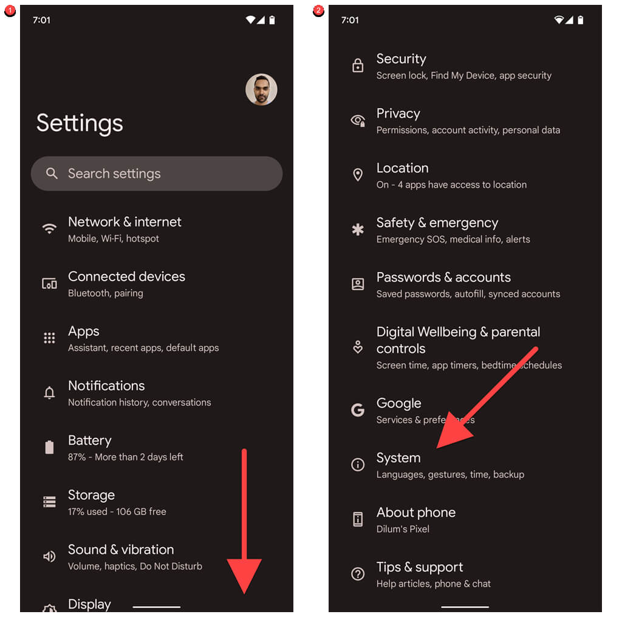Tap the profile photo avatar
(x=261, y=89)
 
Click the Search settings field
(x=157, y=173)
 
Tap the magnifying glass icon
(x=52, y=173)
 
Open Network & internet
(x=125, y=222)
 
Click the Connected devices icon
(x=49, y=284)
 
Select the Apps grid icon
(x=49, y=338)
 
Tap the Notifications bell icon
(x=49, y=392)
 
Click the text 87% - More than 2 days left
(x=125, y=457)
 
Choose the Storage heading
(x=91, y=495)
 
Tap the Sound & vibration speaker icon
(x=49, y=556)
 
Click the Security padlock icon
(x=358, y=66)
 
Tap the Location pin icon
(x=358, y=174)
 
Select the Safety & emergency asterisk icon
(x=358, y=229)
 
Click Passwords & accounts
(x=443, y=277)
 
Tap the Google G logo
(x=358, y=410)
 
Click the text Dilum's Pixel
(x=403, y=529)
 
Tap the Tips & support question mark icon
(x=358, y=574)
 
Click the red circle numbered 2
(x=318, y=11)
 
